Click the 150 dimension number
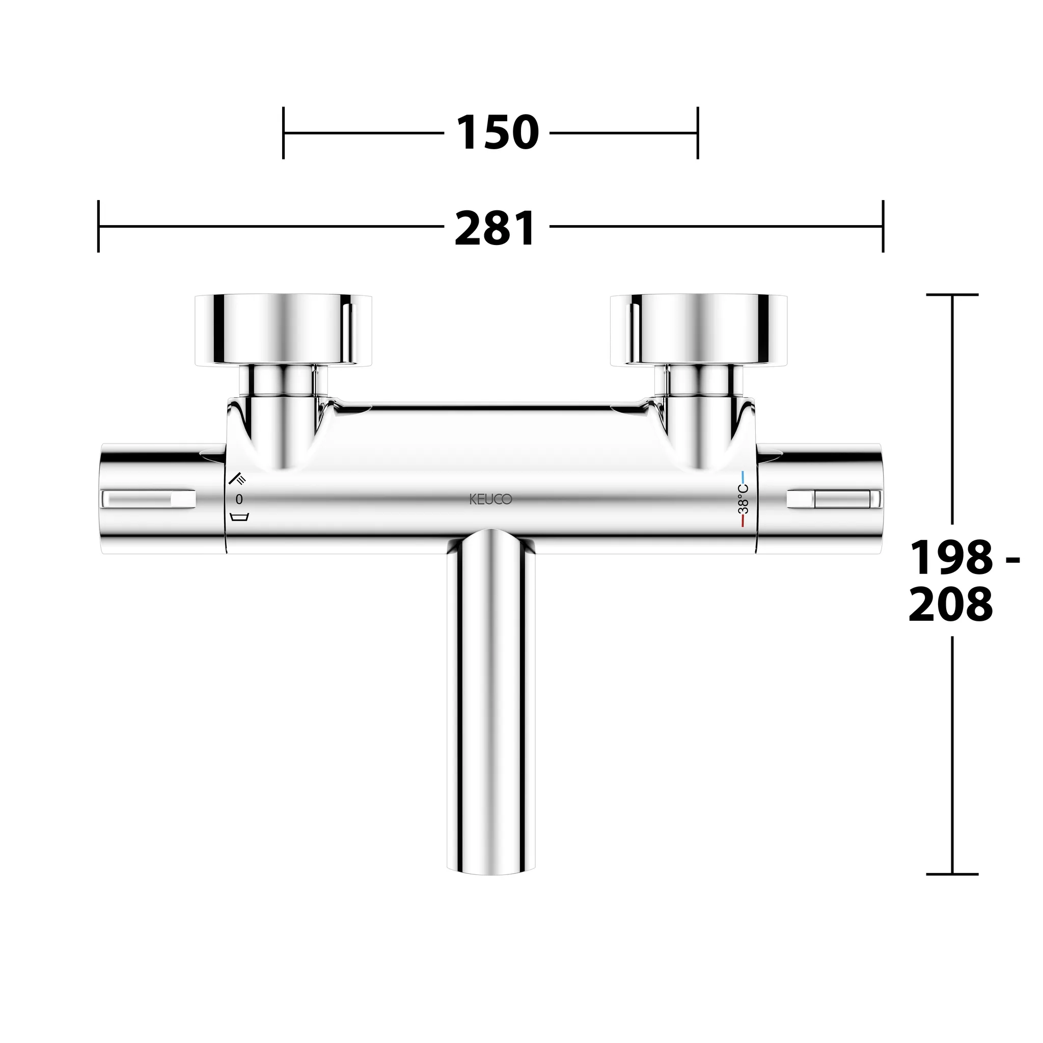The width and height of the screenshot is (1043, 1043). (498, 133)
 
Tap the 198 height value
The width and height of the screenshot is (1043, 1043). (951, 558)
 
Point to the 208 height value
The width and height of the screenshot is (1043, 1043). (951, 605)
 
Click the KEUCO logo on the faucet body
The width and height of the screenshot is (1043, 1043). (490, 500)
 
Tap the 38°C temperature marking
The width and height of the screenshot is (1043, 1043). (744, 498)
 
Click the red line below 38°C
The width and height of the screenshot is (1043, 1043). (744, 520)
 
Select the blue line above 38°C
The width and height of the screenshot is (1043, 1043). (744, 477)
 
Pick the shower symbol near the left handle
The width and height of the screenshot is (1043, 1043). (237, 478)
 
